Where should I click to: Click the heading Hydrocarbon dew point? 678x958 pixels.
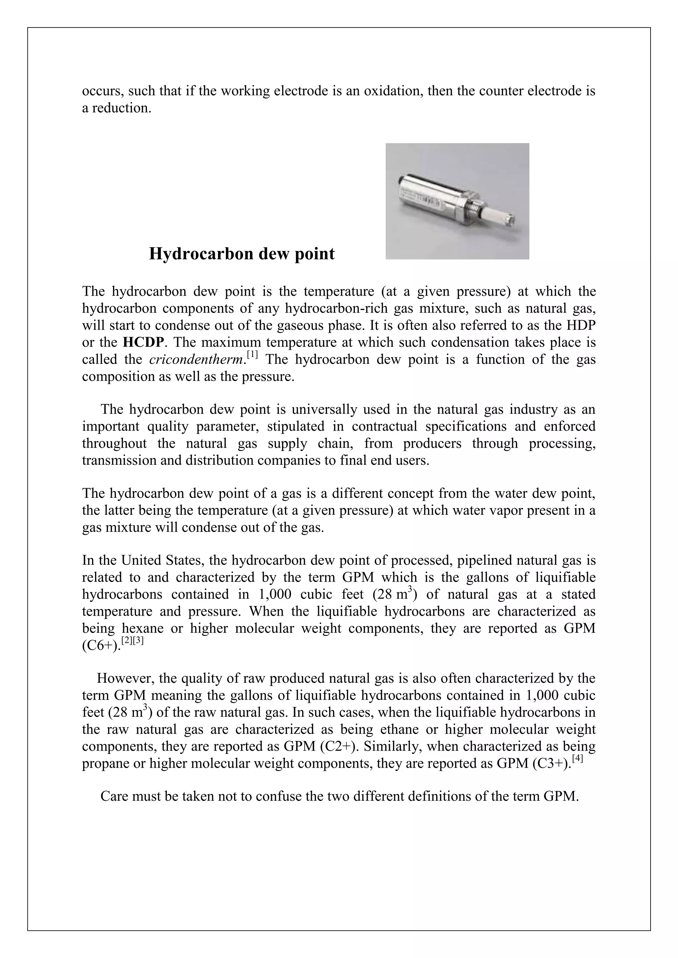pyautogui.click(x=241, y=254)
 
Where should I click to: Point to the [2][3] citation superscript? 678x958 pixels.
pyautogui.click(x=132, y=641)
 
